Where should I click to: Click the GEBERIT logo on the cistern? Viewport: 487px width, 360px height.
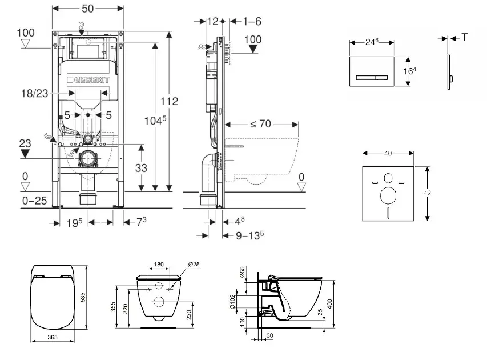coord(87,79)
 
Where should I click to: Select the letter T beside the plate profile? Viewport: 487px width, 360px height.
coord(465,38)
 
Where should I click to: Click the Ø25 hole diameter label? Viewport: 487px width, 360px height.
coord(194,265)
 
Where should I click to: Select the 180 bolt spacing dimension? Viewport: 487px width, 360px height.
coord(159,265)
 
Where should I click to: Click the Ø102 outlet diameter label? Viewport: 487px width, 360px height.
coord(242,302)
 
